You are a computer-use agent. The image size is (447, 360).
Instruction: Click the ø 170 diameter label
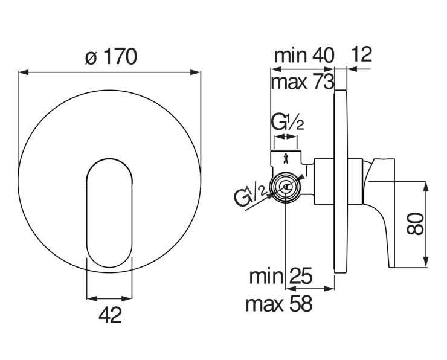[111, 57]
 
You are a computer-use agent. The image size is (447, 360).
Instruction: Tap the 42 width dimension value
[111, 315]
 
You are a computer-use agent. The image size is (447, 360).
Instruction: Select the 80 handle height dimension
[415, 223]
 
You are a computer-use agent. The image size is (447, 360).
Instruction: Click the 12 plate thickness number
[361, 54]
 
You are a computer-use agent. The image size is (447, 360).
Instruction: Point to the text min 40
[304, 56]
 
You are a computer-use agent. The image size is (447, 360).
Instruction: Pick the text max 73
[303, 82]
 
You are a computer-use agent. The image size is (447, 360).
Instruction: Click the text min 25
[281, 276]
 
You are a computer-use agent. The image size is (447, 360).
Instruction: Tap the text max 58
[279, 304]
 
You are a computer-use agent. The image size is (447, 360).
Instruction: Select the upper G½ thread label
[287, 123]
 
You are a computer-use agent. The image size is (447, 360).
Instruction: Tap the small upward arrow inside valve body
[285, 159]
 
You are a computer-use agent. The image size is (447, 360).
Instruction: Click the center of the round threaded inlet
[286, 187]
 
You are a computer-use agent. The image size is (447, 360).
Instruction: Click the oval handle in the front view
[109, 213]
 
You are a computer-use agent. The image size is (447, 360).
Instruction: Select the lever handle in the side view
[379, 213]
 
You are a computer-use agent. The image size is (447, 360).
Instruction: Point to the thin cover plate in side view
[340, 182]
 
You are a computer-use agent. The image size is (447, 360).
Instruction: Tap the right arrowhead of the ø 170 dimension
[196, 72]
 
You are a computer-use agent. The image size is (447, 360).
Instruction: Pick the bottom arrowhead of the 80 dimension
[426, 262]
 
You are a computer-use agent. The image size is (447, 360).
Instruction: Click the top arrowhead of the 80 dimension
[426, 187]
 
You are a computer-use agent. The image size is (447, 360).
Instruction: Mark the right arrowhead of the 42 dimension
[127, 298]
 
